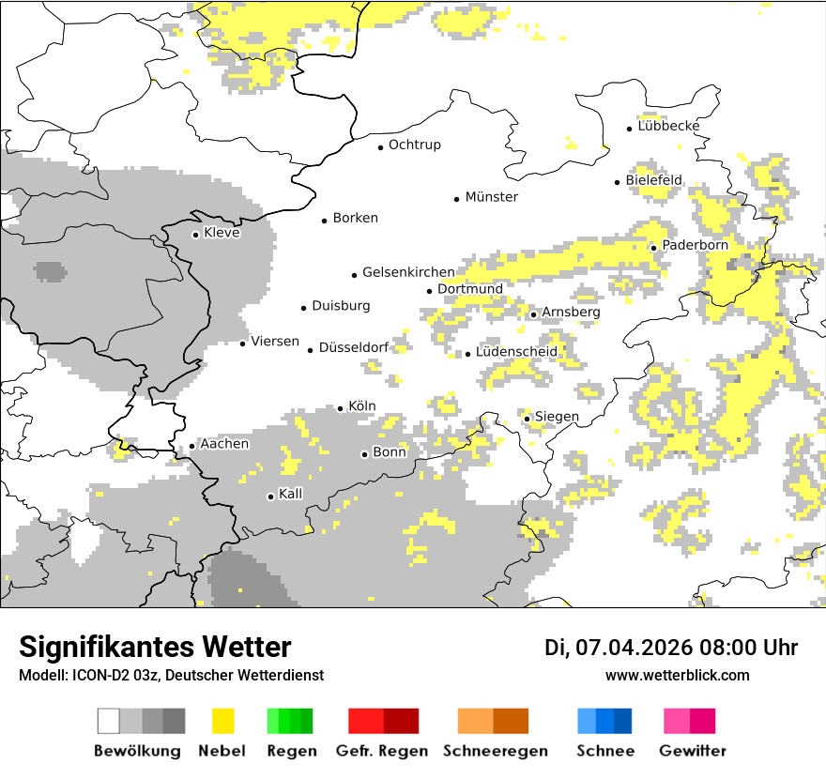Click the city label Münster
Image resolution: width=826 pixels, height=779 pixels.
pyautogui.click(x=491, y=197)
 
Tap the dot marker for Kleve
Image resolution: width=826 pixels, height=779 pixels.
pyautogui.click(x=195, y=235)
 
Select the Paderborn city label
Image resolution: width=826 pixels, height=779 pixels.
pyautogui.click(x=695, y=246)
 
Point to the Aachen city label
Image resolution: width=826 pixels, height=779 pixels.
pyautogui.click(x=224, y=444)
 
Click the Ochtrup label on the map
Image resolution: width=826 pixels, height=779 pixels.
pyautogui.click(x=414, y=145)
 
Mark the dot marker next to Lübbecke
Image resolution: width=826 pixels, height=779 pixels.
pyautogui.click(x=630, y=128)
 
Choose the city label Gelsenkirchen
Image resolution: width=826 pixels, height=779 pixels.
pyautogui.click(x=408, y=272)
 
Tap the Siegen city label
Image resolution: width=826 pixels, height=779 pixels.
pyautogui.click(x=557, y=417)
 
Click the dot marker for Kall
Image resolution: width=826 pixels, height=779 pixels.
pyautogui.click(x=271, y=496)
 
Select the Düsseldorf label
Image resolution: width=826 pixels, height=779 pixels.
pyautogui.click(x=354, y=347)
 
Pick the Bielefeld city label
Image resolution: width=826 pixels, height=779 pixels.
pyautogui.click(x=654, y=180)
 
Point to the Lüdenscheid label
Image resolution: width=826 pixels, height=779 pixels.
pyautogui.click(x=516, y=352)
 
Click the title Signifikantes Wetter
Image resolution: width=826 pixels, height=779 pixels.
pyautogui.click(x=155, y=647)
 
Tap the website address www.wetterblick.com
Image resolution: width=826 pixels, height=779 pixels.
pyautogui.click(x=677, y=675)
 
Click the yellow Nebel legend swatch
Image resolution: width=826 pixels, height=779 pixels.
pyautogui.click(x=223, y=721)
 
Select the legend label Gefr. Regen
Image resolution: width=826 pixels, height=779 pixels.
pyautogui.click(x=381, y=751)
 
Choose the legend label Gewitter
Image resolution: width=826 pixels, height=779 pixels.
pyautogui.click(x=692, y=751)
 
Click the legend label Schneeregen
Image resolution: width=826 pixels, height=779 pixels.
pyautogui.click(x=495, y=751)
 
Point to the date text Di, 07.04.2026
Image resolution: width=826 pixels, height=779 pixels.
pyautogui.click(x=617, y=648)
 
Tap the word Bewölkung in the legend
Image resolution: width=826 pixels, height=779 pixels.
pyautogui.click(x=137, y=751)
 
